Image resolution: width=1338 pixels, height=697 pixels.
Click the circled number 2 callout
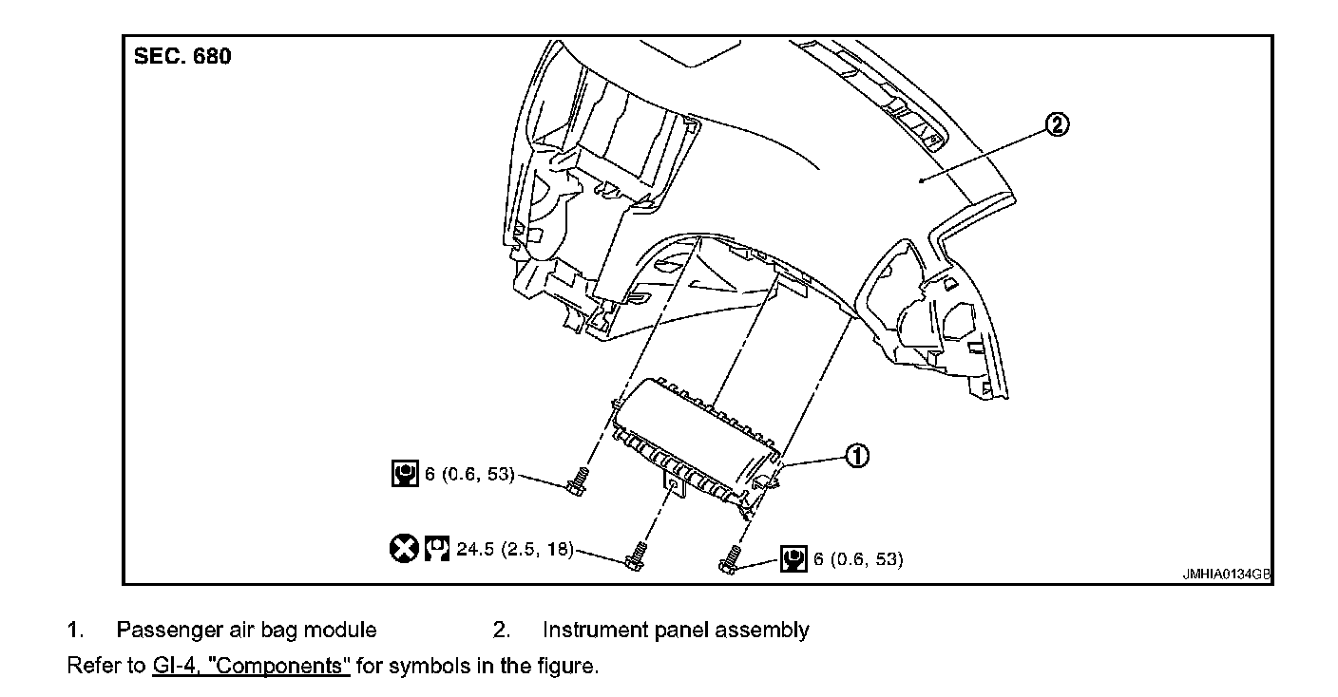[x=1057, y=124]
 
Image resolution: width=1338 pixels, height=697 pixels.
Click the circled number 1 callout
[x=856, y=458]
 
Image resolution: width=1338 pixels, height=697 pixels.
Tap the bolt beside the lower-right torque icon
[x=730, y=559]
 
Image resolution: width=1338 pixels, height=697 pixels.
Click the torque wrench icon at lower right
[x=793, y=558]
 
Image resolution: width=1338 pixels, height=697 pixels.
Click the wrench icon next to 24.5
[x=437, y=548]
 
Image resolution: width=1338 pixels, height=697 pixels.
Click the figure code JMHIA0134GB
[x=1226, y=575]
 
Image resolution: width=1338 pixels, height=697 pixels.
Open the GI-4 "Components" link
[x=251, y=666]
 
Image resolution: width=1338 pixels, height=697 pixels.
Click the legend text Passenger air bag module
[x=246, y=630]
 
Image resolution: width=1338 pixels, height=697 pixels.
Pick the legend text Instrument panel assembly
[x=676, y=630]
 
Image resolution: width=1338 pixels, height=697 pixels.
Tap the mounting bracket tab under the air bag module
[x=672, y=486]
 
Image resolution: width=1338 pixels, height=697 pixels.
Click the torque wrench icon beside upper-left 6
[x=406, y=473]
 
